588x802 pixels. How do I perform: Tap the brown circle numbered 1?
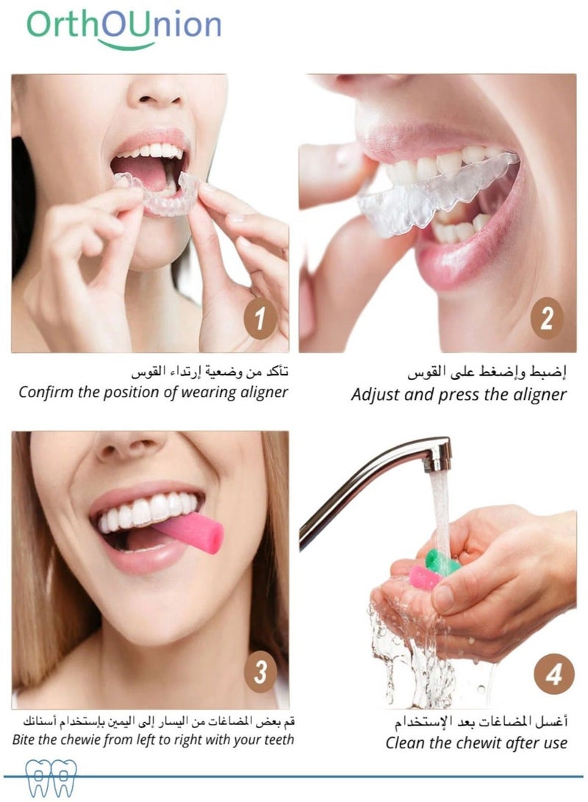[260, 318]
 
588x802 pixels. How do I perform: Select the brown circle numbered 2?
[547, 318]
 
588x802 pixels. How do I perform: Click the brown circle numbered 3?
[260, 672]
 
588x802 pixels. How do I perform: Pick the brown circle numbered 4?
[553, 674]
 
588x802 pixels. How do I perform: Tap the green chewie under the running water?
[441, 562]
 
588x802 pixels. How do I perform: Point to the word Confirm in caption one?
[46, 393]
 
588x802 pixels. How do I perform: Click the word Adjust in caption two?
[375, 395]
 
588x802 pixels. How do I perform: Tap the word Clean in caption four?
[404, 742]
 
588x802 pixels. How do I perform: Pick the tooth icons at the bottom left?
[51, 778]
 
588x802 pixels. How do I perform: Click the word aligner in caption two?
[539, 395]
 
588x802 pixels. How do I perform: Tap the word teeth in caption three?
[279, 740]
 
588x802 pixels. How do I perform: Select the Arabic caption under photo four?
[481, 722]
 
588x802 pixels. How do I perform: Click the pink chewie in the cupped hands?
[424, 577]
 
